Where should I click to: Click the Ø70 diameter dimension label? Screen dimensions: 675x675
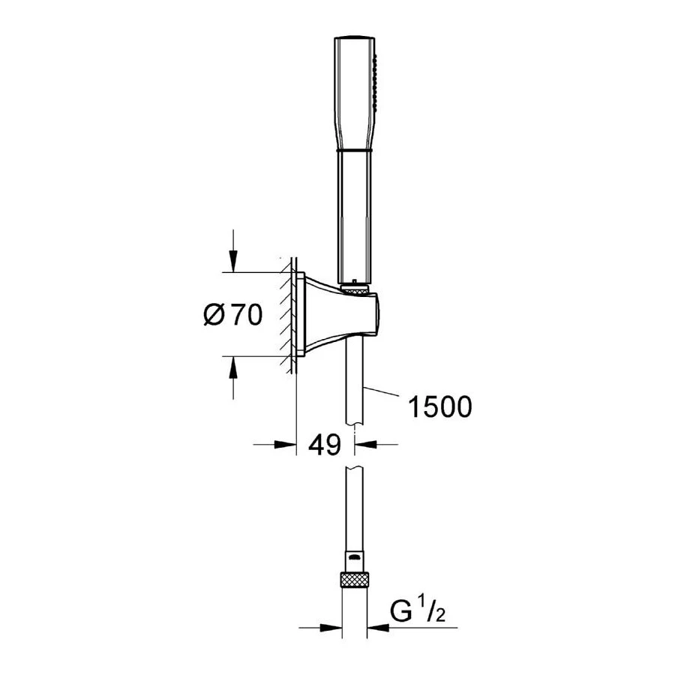232,316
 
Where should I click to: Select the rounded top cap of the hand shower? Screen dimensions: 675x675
354,37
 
